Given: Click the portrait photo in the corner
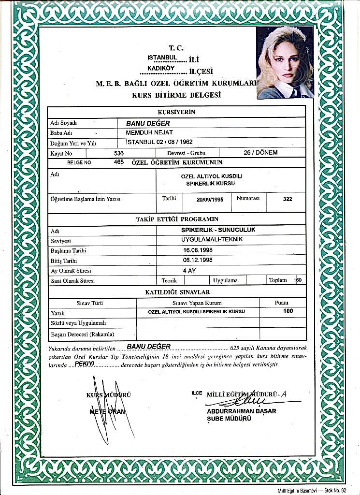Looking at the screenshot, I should click(x=285, y=63).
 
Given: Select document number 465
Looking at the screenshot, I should click(x=119, y=162).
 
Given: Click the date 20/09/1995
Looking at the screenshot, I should click(x=210, y=199).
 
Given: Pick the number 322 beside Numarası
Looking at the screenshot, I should click(x=287, y=199).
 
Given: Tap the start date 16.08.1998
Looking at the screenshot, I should click(x=198, y=250).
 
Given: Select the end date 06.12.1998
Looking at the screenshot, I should click(x=198, y=260).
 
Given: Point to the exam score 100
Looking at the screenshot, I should click(x=288, y=311).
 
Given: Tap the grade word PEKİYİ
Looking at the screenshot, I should click(x=84, y=363).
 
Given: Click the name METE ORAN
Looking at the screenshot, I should click(x=107, y=411).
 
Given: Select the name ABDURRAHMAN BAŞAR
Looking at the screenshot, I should click(x=241, y=411).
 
